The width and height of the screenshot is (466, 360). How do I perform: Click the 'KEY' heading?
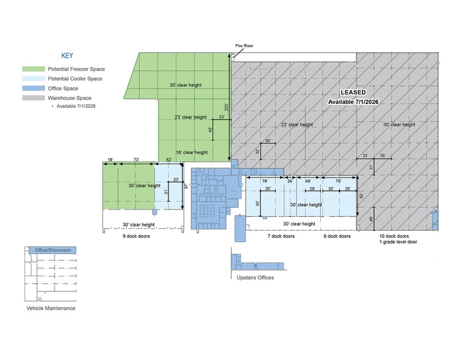click(67, 56)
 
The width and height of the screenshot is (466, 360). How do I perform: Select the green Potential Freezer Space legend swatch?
click(34, 69)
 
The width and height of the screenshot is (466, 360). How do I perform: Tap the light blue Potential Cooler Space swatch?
click(34, 79)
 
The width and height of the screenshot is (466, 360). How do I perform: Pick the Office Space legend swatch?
click(34, 88)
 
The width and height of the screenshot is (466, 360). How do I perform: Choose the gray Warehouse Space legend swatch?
click(34, 98)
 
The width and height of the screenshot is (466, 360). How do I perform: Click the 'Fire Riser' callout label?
click(244, 46)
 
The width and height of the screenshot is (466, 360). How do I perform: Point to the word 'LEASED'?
click(353, 92)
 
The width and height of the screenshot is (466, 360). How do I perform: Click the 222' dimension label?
click(227, 107)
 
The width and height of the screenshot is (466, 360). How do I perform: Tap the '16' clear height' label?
click(192, 152)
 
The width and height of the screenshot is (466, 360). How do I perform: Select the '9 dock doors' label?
click(137, 236)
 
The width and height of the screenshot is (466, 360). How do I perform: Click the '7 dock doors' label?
click(281, 236)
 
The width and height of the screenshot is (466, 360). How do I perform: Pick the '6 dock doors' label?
click(337, 236)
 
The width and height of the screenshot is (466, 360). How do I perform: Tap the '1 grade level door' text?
click(398, 242)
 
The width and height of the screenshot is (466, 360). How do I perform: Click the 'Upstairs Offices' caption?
click(255, 278)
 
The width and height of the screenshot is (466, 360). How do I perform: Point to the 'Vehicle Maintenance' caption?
click(51, 309)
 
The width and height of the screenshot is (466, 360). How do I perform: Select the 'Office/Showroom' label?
click(53, 250)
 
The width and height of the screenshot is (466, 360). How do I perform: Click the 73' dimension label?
click(137, 160)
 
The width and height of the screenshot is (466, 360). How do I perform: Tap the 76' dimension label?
click(265, 181)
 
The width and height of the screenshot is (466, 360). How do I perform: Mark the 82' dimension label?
click(361, 196)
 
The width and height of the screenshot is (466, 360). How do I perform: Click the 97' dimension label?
click(186, 186)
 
